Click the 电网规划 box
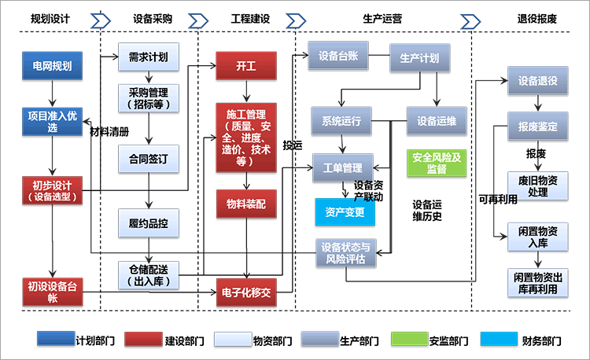(52, 66)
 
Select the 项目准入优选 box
(52, 121)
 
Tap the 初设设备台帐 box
(52, 292)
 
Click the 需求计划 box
(148, 57)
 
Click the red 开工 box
(246, 67)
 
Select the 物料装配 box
(246, 204)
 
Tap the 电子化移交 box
(246, 292)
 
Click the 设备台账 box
(338, 57)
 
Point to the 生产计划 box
(420, 58)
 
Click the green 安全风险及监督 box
(436, 163)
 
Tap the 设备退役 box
(537, 82)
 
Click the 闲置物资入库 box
(537, 237)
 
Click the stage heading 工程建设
(250, 18)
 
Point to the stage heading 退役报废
(537, 18)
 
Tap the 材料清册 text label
(109, 131)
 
